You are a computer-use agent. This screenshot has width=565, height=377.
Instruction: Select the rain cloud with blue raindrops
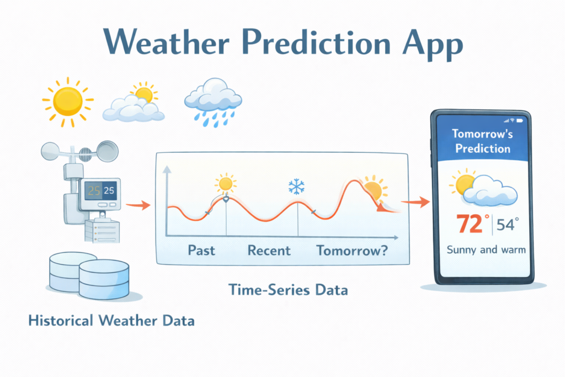pyautogui.click(x=213, y=102)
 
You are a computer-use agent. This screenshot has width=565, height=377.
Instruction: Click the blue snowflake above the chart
pyautogui.click(x=296, y=187)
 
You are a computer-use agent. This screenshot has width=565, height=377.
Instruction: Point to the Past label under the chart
pyautogui.click(x=201, y=250)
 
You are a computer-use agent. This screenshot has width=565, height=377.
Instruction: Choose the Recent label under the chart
pyautogui.click(x=269, y=250)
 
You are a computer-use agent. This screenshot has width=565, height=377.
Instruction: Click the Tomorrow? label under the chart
pyautogui.click(x=352, y=250)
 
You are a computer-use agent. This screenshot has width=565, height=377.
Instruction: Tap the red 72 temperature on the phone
pyautogui.click(x=470, y=224)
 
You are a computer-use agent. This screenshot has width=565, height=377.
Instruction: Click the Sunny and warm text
pyautogui.click(x=486, y=250)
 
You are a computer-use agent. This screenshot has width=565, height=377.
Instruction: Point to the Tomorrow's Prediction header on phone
pyautogui.click(x=483, y=141)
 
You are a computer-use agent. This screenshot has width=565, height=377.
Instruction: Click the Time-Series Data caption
pyautogui.click(x=288, y=290)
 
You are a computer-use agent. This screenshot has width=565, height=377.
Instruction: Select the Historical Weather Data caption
pyautogui.click(x=111, y=320)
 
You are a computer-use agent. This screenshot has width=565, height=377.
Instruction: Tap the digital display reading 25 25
pyautogui.click(x=100, y=190)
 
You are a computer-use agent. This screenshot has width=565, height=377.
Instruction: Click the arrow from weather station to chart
pyautogui.click(x=138, y=205)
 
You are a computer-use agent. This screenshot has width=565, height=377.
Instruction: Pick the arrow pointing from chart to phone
pyautogui.click(x=415, y=201)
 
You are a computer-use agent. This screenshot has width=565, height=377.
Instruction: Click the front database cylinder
pyautogui.click(x=104, y=280)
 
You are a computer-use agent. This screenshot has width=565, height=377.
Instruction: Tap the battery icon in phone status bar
pyautogui.click(x=520, y=121)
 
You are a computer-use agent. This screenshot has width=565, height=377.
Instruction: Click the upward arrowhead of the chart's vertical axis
pyautogui.click(x=167, y=170)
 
